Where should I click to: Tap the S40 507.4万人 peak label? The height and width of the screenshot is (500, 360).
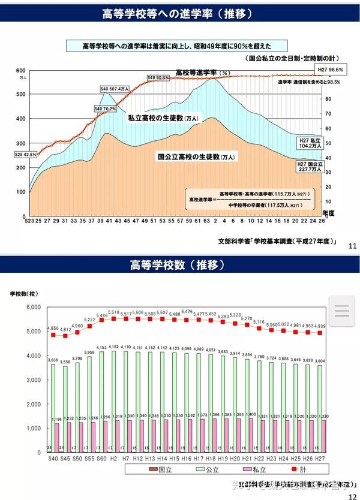pos(115,89)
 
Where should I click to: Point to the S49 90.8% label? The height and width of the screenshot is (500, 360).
pos(158,77)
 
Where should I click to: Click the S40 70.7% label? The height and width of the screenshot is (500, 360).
pos(105,109)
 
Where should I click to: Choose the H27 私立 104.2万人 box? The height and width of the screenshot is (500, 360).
pos(311,143)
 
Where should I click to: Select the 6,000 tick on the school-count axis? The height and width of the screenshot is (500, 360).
pos(31,307)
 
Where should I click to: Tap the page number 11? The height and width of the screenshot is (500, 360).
pos(352,245)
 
